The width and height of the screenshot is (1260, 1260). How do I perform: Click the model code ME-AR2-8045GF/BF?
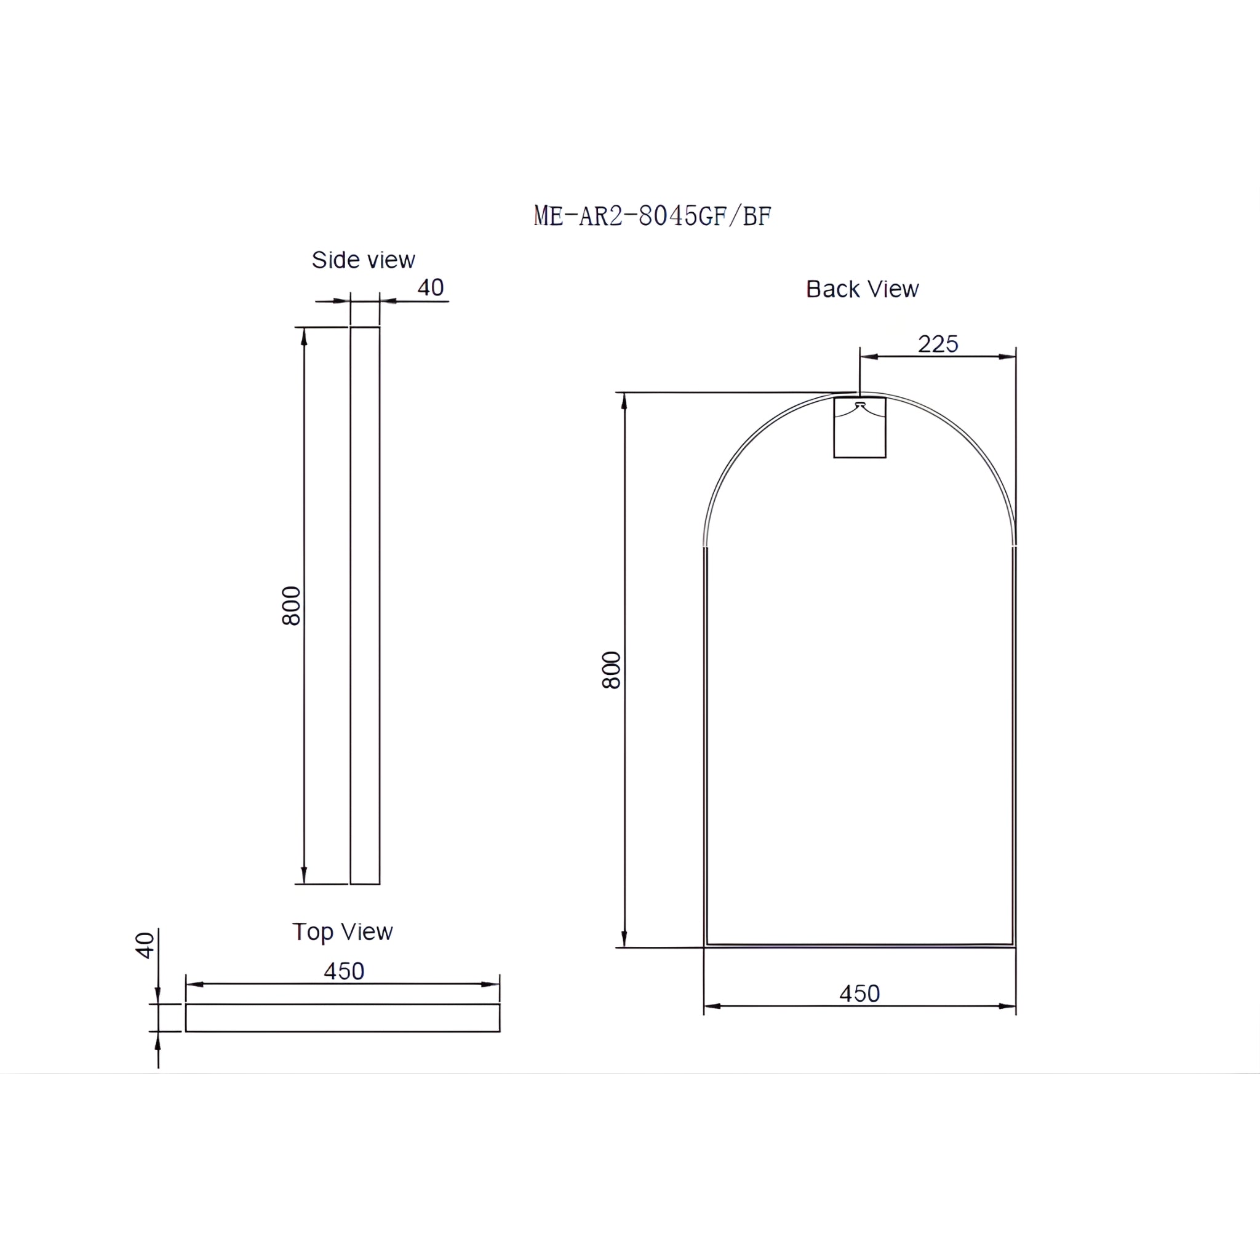pyautogui.click(x=652, y=216)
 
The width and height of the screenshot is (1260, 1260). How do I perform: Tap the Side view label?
pyautogui.click(x=363, y=260)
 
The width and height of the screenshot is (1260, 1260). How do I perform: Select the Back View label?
pyautogui.click(x=861, y=289)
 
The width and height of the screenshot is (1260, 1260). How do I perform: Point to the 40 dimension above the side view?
pyautogui.click(x=431, y=287)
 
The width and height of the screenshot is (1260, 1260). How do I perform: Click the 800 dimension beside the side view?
pyautogui.click(x=292, y=605)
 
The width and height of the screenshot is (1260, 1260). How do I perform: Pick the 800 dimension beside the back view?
pyautogui.click(x=611, y=670)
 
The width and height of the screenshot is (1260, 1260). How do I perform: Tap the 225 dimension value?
pyautogui.click(x=938, y=344)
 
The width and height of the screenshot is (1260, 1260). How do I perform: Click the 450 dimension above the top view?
pyautogui.click(x=344, y=971)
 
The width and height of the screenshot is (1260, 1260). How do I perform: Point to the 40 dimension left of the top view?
pyautogui.click(x=145, y=945)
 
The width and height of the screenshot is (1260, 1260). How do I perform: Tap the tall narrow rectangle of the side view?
pyautogui.click(x=365, y=605)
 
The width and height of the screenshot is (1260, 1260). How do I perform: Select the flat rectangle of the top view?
pyautogui.click(x=343, y=1018)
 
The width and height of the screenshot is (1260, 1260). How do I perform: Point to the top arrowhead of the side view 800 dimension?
pyautogui.click(x=304, y=337)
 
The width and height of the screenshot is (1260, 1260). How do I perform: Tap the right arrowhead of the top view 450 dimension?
pyautogui.click(x=490, y=984)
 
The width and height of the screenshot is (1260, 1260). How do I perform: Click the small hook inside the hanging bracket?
pyautogui.click(x=859, y=405)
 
